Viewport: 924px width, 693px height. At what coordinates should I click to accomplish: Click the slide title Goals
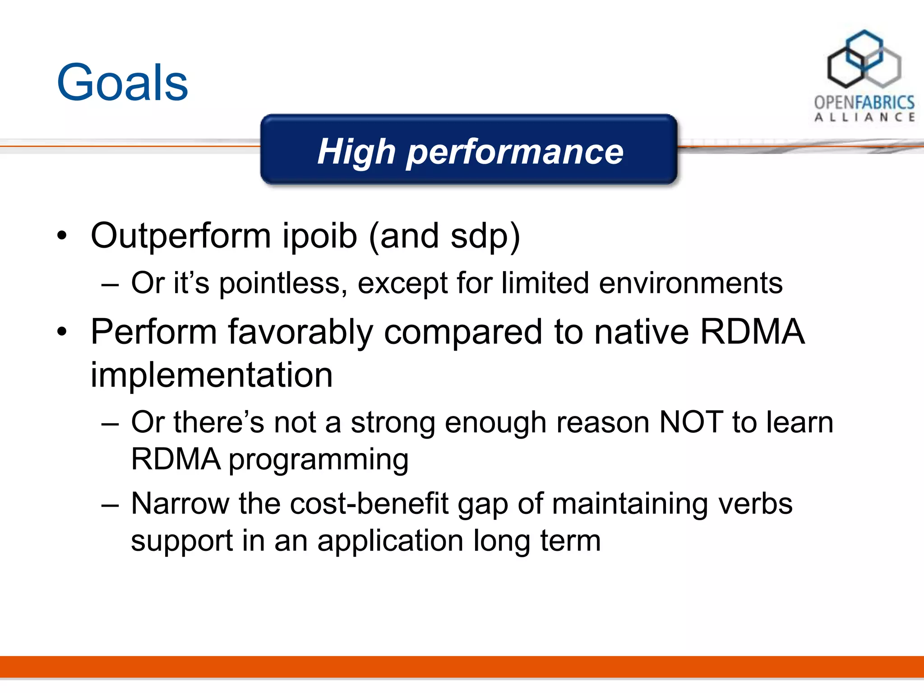coord(122,83)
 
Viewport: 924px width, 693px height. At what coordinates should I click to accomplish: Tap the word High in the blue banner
coord(356,152)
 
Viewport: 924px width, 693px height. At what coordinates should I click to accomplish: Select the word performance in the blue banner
coord(515,152)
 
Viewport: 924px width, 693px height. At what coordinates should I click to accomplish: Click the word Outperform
coord(180,236)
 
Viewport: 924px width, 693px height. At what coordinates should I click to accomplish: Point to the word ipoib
coord(320,236)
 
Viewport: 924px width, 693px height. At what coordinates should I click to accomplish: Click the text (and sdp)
coord(444,236)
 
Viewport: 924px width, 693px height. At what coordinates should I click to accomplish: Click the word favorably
coord(300,332)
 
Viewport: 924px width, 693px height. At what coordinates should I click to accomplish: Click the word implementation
coord(212,375)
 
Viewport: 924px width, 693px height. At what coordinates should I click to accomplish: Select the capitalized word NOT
coord(691,422)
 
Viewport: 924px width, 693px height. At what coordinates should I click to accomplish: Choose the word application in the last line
coord(390,541)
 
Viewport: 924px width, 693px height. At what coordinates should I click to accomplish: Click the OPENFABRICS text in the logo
coord(864,102)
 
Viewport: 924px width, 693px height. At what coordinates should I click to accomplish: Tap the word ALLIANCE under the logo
coord(864,117)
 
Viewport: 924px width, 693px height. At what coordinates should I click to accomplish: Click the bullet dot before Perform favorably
coord(62,333)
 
